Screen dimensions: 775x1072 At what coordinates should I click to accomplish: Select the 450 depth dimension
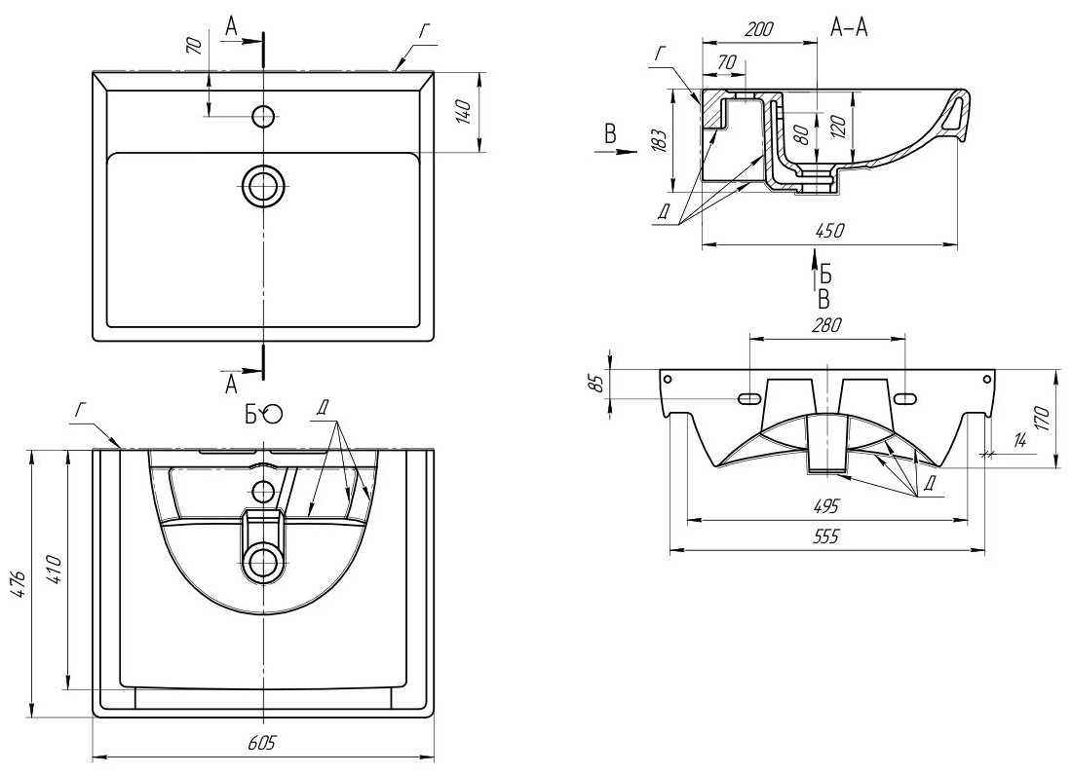click(830, 231)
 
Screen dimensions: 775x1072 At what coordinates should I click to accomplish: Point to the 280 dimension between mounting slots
click(826, 324)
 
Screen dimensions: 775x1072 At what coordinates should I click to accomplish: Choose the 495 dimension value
click(826, 506)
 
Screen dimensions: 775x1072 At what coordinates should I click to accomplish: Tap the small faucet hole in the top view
click(263, 117)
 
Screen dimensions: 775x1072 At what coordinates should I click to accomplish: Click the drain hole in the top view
click(263, 184)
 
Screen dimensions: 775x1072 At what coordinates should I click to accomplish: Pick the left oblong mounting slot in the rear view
click(749, 398)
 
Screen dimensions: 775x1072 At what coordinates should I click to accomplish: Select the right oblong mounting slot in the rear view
click(905, 398)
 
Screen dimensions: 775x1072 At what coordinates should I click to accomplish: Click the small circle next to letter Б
click(273, 414)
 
